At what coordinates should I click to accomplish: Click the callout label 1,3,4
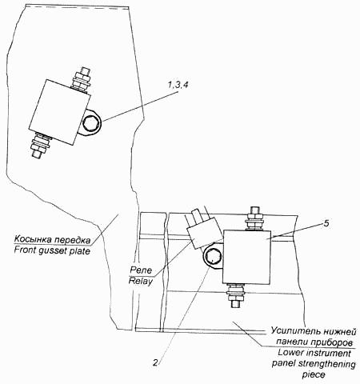[x=178, y=85]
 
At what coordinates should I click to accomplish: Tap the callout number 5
[x=326, y=223]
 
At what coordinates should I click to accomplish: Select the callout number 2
[x=155, y=362]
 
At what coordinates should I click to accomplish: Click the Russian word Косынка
[x=32, y=239]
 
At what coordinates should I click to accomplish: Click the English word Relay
[x=141, y=281]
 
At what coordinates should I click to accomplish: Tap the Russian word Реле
[x=141, y=270]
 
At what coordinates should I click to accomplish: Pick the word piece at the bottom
[x=314, y=374]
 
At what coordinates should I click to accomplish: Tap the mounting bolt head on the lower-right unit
[x=212, y=257]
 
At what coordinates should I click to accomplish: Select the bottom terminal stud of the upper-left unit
[x=41, y=146]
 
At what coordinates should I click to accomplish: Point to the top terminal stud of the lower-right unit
[x=255, y=219]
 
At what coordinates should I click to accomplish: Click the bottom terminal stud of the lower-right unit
[x=236, y=295]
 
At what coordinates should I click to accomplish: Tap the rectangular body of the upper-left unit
[x=59, y=112]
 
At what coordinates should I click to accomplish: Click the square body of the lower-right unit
[x=246, y=257]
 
